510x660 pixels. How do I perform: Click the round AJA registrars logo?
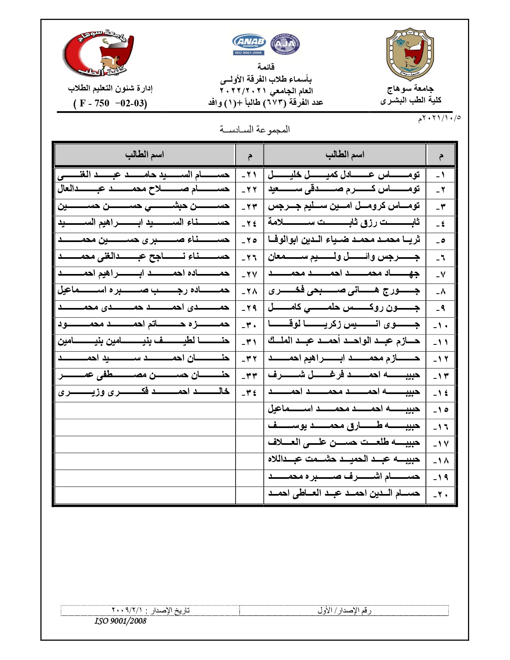[x=285, y=44]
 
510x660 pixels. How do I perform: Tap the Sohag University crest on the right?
[x=410, y=54]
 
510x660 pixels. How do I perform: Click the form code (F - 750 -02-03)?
[x=110, y=103]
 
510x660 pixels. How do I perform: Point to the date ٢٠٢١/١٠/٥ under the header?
[x=439, y=118]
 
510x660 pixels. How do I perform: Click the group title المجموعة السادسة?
[x=255, y=130]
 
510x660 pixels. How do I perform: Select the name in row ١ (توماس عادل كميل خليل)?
[x=344, y=175]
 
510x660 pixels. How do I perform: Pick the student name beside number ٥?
[x=344, y=240]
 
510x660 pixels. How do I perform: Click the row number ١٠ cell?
[x=440, y=325]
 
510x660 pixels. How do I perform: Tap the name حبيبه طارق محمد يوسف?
[x=344, y=426]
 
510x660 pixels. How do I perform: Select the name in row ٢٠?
[x=344, y=494]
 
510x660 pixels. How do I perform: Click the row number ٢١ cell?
[x=249, y=175]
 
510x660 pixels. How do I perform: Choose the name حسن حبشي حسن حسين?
[x=144, y=206]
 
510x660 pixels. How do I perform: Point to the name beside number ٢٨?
[x=144, y=290]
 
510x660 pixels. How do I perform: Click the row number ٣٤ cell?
[x=249, y=392]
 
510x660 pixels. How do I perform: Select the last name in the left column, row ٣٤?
[x=144, y=392]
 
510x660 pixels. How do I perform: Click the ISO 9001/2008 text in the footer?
[x=120, y=621]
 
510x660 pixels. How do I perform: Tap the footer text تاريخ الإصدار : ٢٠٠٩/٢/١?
[x=150, y=610]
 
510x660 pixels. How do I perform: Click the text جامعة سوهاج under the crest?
[x=410, y=88]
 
